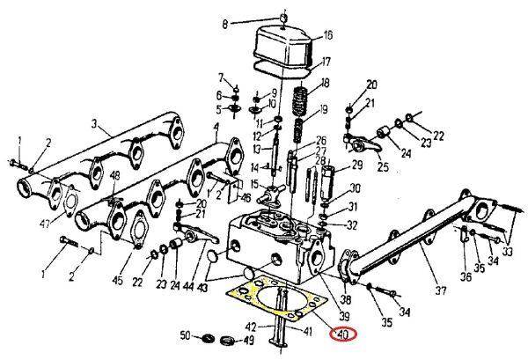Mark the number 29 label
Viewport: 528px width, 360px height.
(358, 165)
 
